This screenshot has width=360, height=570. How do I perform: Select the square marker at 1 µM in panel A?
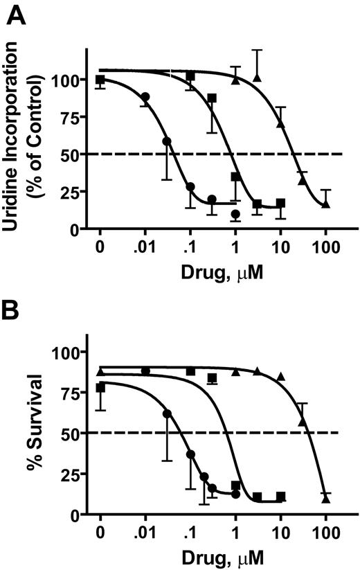[235, 177]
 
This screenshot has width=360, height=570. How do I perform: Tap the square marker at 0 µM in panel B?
[100, 388]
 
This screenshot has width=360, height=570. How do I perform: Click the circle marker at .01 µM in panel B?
[145, 371]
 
